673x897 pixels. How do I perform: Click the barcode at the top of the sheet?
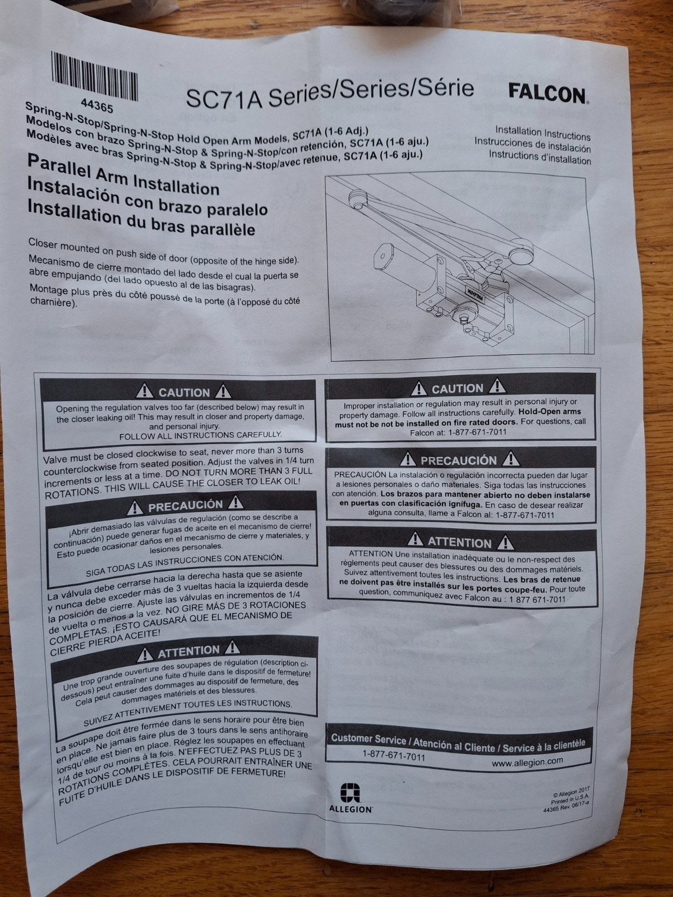[x=94, y=76]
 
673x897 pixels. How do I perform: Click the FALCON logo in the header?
[x=547, y=94]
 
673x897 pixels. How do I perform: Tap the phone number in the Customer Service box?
[x=394, y=756]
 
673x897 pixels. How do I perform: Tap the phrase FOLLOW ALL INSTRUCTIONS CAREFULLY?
[x=200, y=436]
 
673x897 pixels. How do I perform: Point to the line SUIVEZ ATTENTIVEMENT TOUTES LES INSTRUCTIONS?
[x=187, y=709]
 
